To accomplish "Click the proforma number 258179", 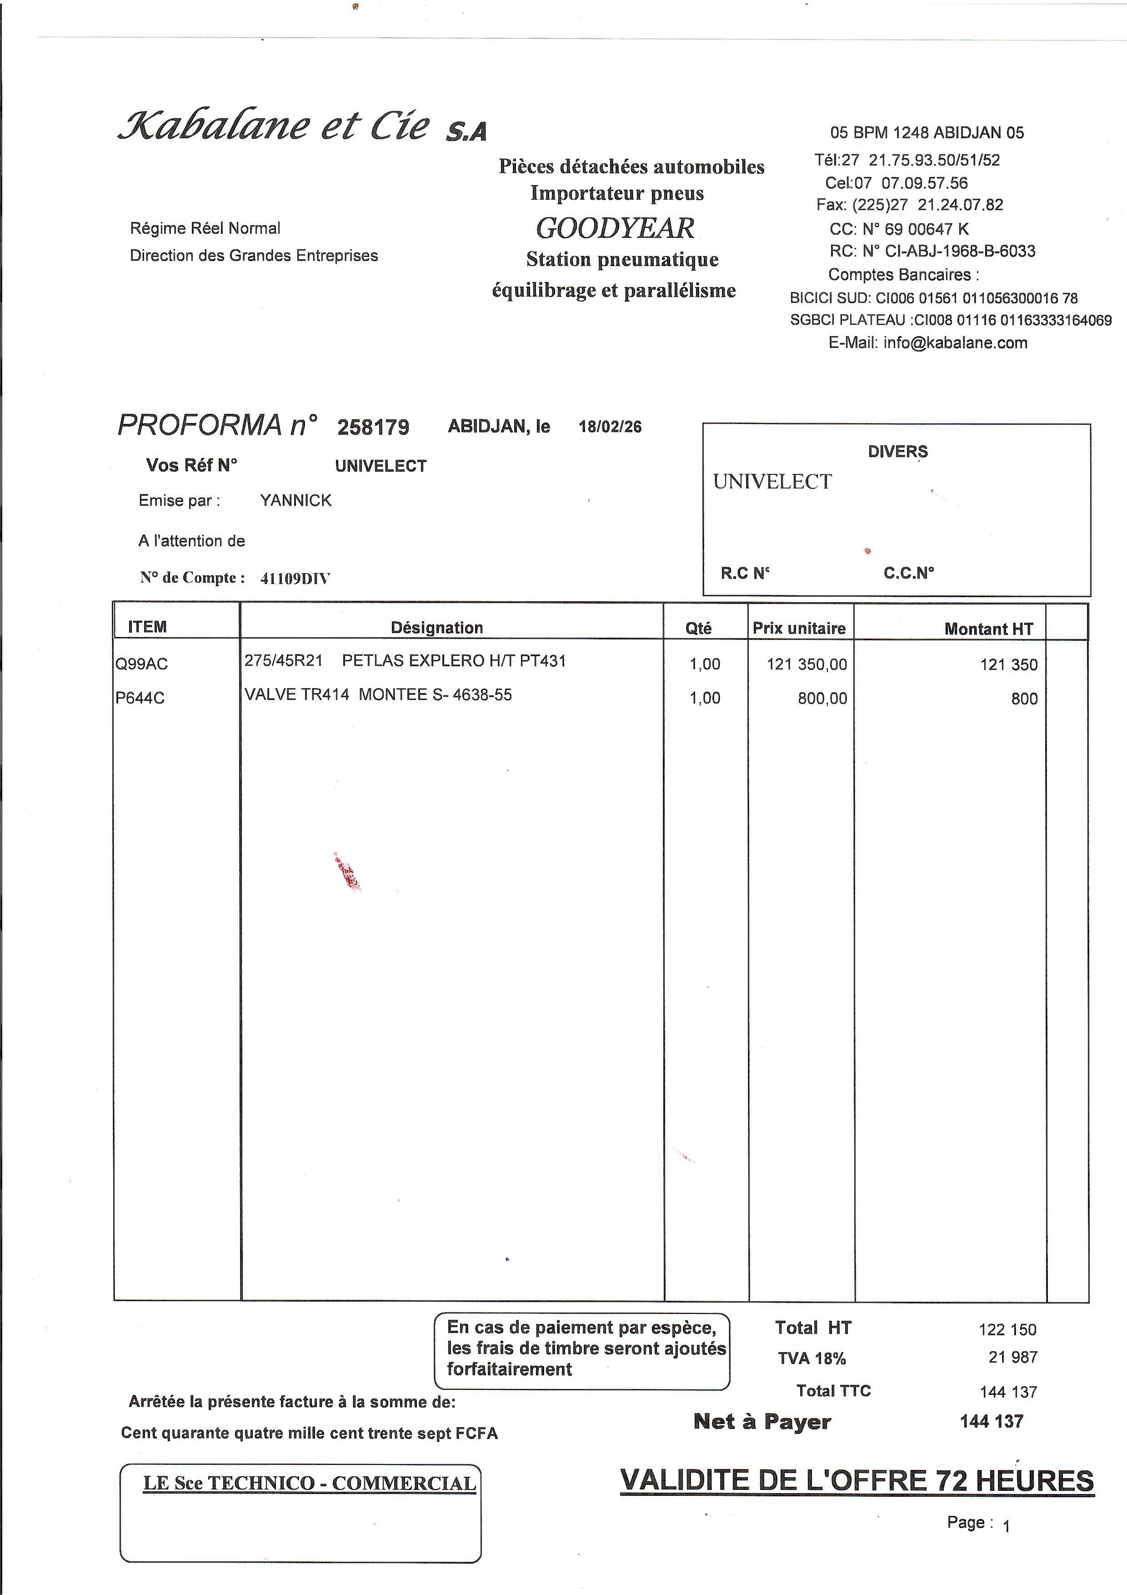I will click(373, 427).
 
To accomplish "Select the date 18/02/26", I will click(610, 427).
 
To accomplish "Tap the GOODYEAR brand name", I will click(615, 228).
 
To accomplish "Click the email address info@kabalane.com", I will click(955, 342).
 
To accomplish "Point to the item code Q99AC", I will click(142, 664).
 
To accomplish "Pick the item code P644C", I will click(140, 698).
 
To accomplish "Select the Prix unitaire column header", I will click(799, 629).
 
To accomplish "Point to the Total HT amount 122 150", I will click(1007, 1330).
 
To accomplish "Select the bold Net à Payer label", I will click(762, 1422).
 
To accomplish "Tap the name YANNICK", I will click(296, 501).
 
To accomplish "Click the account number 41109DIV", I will click(295, 579).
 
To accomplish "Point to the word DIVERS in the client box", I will click(897, 452).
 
